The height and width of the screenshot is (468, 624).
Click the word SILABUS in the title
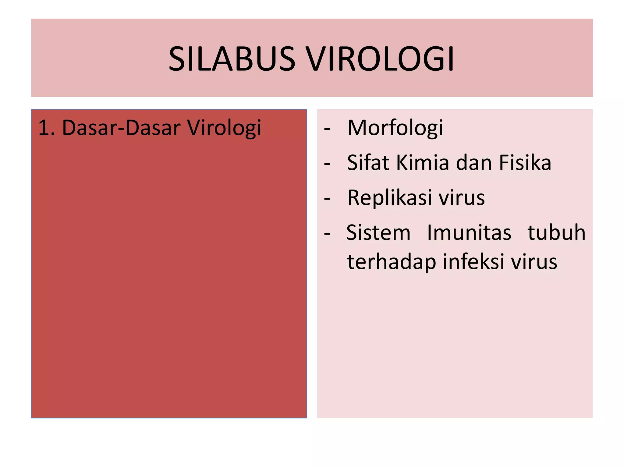[x=232, y=58]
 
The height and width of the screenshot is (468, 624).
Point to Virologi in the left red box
[x=224, y=128]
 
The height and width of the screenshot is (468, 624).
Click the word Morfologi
[x=395, y=128]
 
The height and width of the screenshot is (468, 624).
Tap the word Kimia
[x=423, y=163]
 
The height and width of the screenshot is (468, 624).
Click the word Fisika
[x=525, y=163]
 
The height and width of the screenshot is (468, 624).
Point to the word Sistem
[x=378, y=233]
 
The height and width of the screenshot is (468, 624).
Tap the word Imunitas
[x=469, y=233]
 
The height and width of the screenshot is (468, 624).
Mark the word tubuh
[x=556, y=233]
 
